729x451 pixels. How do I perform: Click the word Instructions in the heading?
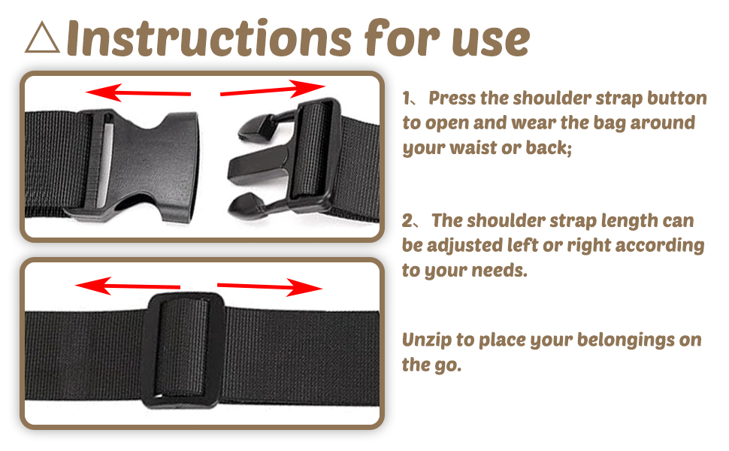[209, 38]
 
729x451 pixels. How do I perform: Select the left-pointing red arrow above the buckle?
[138, 92]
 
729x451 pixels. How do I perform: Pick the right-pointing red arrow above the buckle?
[273, 89]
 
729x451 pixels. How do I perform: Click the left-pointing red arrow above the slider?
[128, 286]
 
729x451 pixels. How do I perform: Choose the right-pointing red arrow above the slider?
[270, 287]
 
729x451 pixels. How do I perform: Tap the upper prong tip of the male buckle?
[253, 129]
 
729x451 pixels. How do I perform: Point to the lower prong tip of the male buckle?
[245, 205]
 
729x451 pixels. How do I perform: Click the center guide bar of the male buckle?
[259, 165]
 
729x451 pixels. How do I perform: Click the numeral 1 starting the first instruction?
[407, 98]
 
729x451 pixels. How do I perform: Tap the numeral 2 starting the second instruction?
[407, 221]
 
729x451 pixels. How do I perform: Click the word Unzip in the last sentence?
[426, 341]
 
